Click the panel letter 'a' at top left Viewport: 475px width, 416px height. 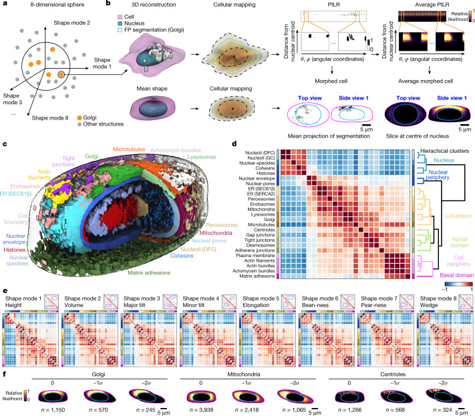click(4, 5)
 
